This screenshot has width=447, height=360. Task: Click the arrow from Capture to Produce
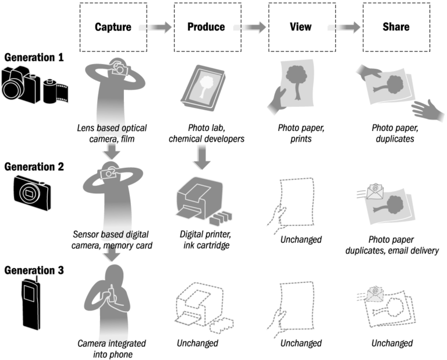point(155,27)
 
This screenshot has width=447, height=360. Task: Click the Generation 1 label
point(34,57)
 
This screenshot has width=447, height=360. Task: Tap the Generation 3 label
point(34,270)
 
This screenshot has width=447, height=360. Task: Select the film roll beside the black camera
point(56,91)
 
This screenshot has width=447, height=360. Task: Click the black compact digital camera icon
point(32,193)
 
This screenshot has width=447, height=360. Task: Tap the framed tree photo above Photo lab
point(203,88)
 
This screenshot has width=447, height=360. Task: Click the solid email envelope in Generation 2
point(375,191)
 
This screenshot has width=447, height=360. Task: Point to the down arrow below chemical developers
point(202,157)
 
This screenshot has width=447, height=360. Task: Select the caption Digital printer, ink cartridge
point(205,239)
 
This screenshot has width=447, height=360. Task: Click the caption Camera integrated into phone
point(112,348)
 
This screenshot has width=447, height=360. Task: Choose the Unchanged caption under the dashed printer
point(197,343)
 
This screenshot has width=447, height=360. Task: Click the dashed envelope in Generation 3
point(375,294)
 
